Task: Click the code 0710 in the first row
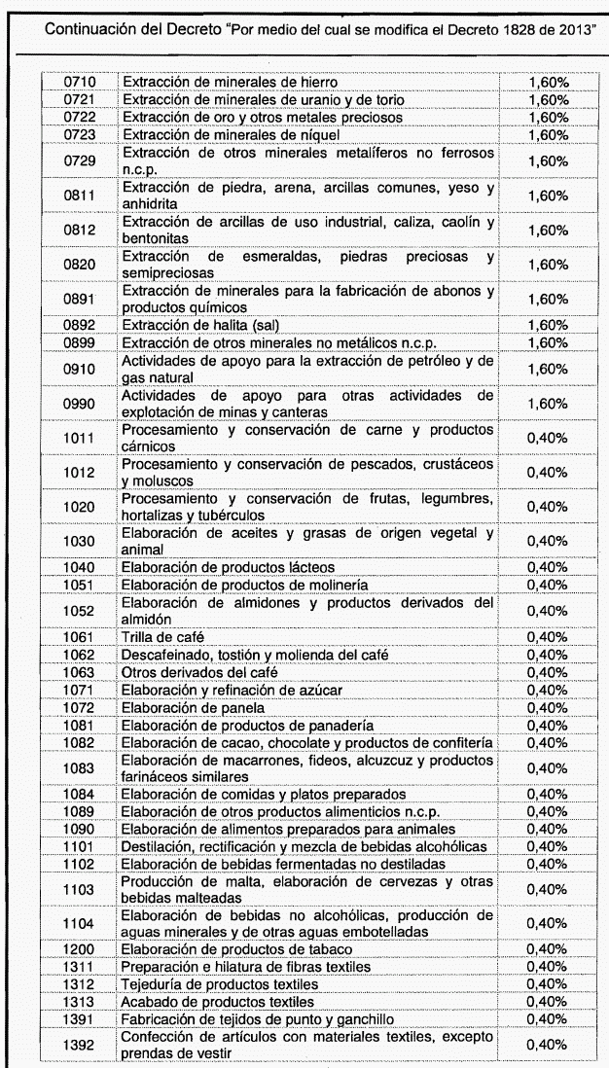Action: tap(77, 84)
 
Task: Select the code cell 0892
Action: tap(77, 325)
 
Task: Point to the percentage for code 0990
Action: tap(547, 404)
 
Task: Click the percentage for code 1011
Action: tap(547, 438)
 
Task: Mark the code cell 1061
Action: tap(77, 637)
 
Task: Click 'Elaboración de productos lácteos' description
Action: tap(228, 567)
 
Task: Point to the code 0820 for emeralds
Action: tap(77, 265)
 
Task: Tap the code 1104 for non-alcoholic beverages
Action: tap(77, 923)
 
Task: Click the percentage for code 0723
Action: tap(547, 134)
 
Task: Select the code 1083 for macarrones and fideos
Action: tap(77, 768)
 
